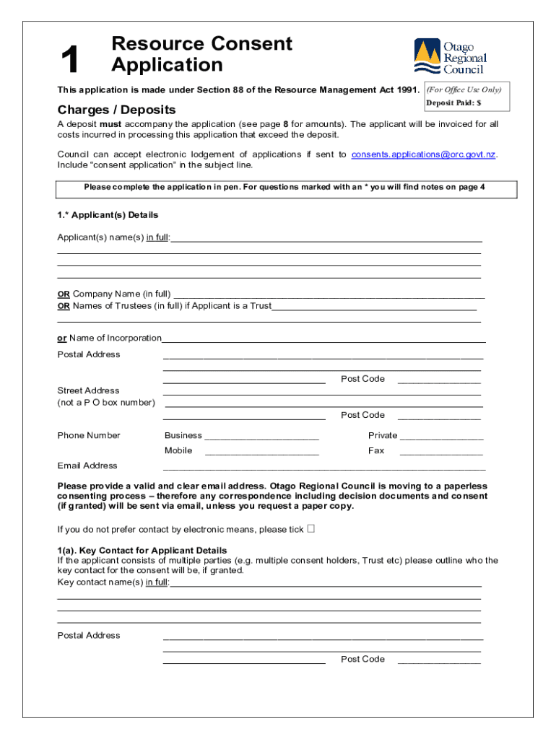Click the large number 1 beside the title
point(70,60)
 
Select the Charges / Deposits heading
point(116,110)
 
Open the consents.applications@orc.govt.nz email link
point(424,154)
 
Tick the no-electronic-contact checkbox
point(311,528)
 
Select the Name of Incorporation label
point(110,338)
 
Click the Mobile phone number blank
point(261,452)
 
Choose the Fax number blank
point(441,452)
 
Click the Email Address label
point(87,465)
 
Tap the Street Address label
point(89,390)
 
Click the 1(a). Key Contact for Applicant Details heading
point(142,550)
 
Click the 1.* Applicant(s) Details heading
point(108,215)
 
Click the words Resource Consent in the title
point(201,44)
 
